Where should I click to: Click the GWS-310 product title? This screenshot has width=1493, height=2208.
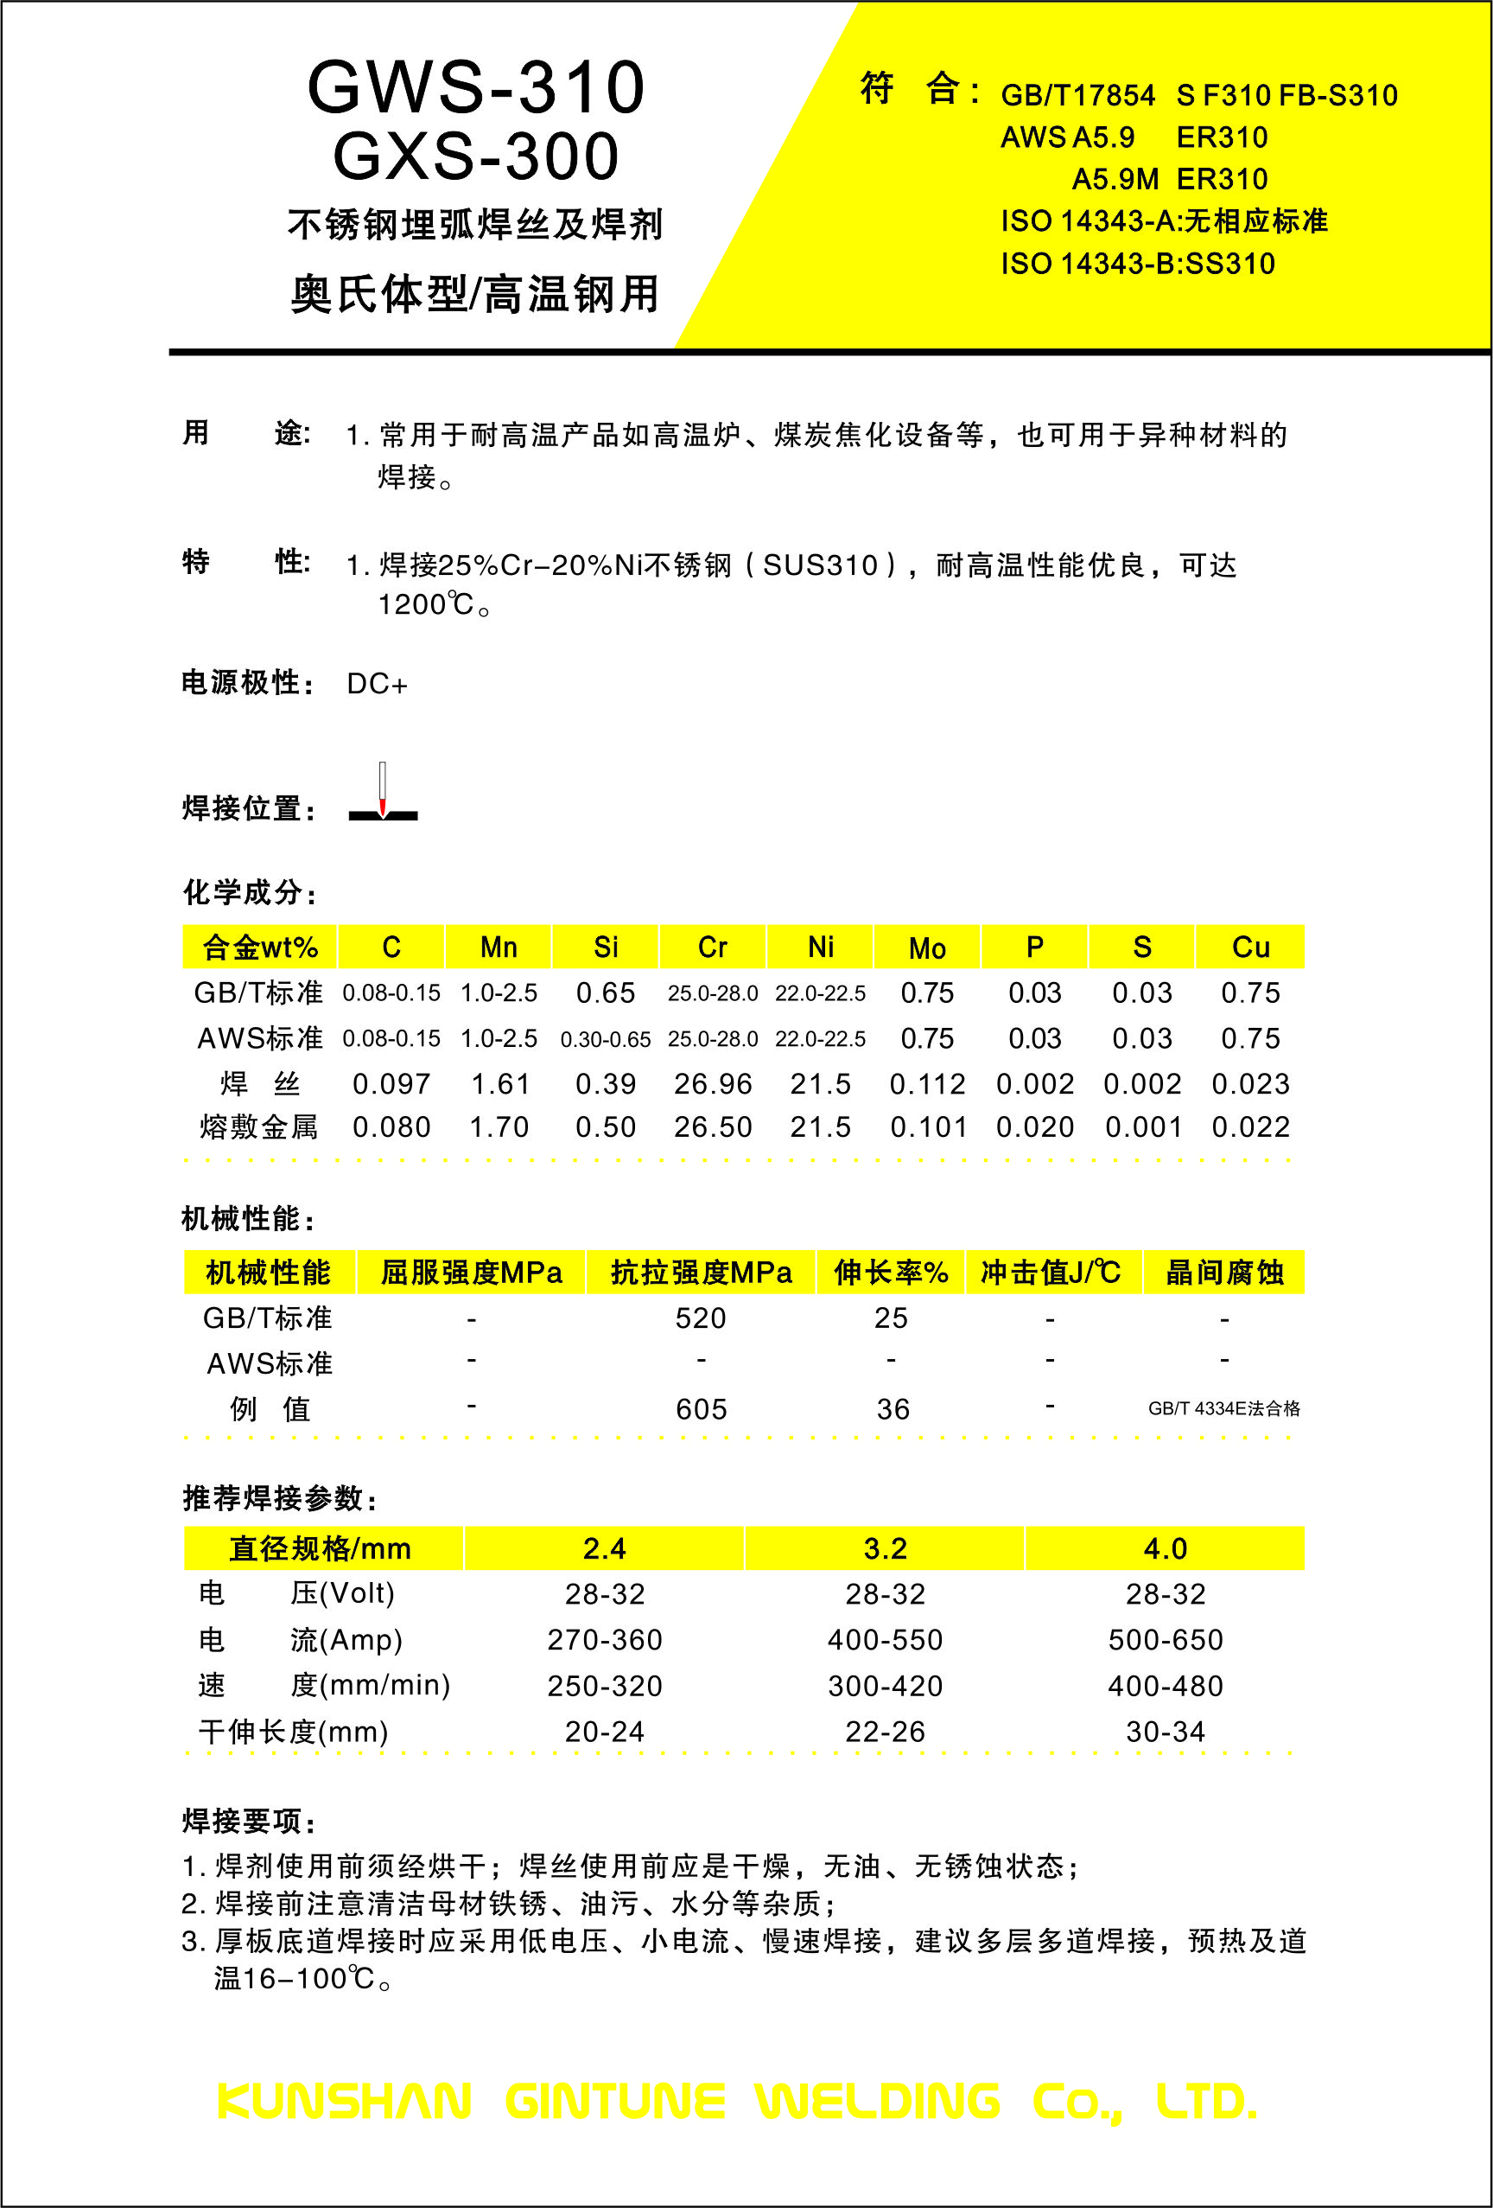pyautogui.click(x=476, y=88)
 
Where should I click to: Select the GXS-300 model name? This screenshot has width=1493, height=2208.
pyautogui.click(x=476, y=156)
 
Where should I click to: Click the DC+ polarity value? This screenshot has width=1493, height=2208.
pyautogui.click(x=377, y=684)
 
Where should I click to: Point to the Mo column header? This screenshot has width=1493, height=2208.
pyautogui.click(x=927, y=948)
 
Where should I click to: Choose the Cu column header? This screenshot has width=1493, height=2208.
pyautogui.click(x=1250, y=948)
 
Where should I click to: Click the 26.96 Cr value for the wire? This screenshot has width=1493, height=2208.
pyautogui.click(x=712, y=1083)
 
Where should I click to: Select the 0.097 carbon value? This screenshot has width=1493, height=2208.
pyautogui.click(x=391, y=1083)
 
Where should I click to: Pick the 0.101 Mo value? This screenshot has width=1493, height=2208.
pyautogui.click(x=928, y=1126)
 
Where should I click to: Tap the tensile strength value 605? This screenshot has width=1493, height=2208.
pyautogui.click(x=701, y=1409)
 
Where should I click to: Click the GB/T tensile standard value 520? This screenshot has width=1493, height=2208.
pyautogui.click(x=701, y=1318)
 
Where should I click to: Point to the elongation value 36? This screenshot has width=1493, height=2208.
pyautogui.click(x=893, y=1409)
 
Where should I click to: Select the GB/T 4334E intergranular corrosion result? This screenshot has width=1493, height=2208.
pyautogui.click(x=1223, y=1408)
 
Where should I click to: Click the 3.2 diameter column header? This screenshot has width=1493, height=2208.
pyautogui.click(x=885, y=1548)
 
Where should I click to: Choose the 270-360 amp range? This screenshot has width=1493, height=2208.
pyautogui.click(x=605, y=1640)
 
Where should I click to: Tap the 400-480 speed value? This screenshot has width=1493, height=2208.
pyautogui.click(x=1166, y=1686)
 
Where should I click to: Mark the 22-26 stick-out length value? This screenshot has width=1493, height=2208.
pyautogui.click(x=885, y=1731)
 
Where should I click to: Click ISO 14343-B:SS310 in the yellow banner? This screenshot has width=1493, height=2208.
pyautogui.click(x=1138, y=263)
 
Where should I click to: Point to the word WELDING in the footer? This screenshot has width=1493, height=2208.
pyautogui.click(x=878, y=2101)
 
